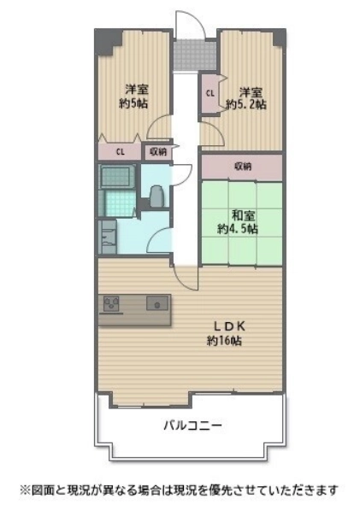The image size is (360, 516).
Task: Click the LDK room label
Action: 229,326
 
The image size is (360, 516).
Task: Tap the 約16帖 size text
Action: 224,341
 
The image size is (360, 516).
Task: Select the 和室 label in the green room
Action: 243,216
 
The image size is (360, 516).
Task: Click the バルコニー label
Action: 192,425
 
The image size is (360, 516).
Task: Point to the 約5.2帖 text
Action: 246,104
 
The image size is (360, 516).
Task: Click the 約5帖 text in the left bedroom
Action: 133,103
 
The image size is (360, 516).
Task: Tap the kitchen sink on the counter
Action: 157,302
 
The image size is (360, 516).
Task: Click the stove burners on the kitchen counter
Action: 111,304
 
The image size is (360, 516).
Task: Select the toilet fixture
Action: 156,196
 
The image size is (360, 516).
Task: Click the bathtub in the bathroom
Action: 117,177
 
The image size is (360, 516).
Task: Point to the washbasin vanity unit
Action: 108,237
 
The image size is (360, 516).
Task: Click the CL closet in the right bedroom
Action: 210,93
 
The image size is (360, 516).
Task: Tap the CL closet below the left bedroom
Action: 121,152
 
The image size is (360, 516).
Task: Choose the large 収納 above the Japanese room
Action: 242,167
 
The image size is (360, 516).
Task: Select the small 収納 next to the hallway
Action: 158,152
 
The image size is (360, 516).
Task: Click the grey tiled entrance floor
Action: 195,55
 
